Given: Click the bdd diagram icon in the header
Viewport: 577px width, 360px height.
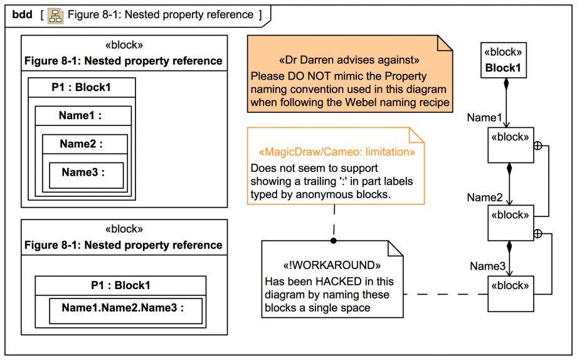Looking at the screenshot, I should [56, 15].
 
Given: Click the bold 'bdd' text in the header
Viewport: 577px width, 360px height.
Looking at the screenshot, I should [23, 14].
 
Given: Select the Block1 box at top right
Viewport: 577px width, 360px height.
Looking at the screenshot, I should [503, 61].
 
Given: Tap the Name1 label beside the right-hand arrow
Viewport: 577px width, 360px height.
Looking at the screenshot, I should [484, 117].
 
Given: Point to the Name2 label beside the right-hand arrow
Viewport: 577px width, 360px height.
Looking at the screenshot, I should [484, 198].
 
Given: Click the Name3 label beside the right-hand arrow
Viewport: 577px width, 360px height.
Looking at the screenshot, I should [487, 267].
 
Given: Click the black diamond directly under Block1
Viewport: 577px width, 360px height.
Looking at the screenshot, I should [507, 84].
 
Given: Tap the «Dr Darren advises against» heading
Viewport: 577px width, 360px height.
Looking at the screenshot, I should [349, 61].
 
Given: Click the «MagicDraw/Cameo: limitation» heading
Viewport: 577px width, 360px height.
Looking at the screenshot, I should [336, 152].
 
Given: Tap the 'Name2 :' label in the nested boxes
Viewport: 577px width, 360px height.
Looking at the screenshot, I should [81, 144].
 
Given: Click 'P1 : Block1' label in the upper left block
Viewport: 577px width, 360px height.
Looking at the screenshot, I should [81, 87].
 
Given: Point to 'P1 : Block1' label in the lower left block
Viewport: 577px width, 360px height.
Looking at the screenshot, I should [120, 285].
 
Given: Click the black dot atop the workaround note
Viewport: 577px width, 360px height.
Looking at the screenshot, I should [334, 240].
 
